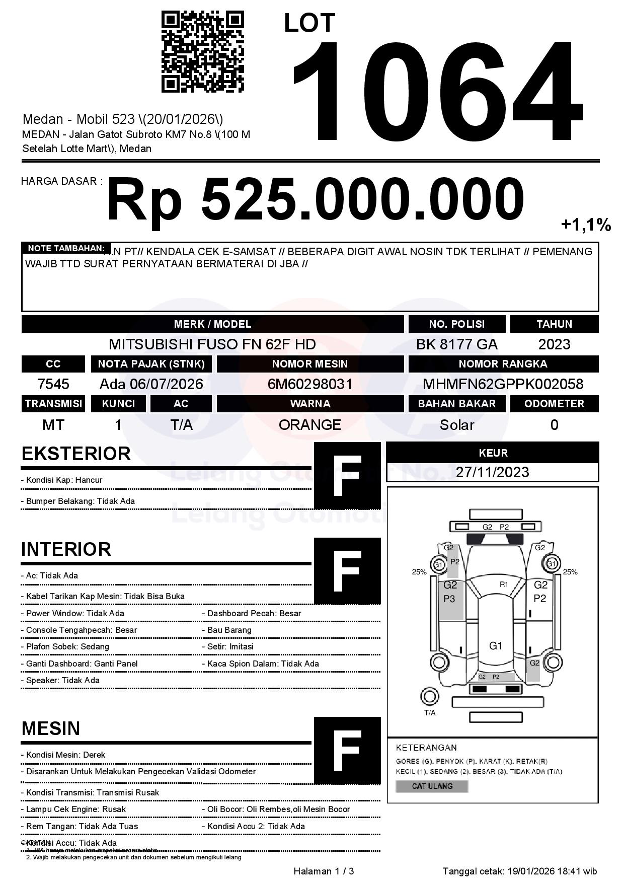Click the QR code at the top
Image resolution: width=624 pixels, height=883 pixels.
(x=202, y=52)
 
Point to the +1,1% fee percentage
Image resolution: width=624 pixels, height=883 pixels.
(x=586, y=225)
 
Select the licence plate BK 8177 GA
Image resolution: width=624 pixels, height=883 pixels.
(x=456, y=344)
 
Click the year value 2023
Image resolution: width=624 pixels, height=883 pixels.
(x=554, y=344)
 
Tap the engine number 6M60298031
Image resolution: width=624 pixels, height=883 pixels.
(x=310, y=384)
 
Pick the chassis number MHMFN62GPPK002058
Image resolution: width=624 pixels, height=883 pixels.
(x=503, y=384)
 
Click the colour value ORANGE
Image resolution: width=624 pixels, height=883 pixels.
(x=310, y=424)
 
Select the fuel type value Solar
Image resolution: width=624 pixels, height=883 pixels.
(x=456, y=425)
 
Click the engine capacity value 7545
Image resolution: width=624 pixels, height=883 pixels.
(x=53, y=384)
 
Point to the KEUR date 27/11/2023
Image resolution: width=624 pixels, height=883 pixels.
(x=492, y=472)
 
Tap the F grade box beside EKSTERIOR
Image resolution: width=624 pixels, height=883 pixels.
(x=347, y=475)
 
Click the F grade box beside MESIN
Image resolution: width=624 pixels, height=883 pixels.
(x=347, y=750)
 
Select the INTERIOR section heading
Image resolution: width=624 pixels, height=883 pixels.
(x=66, y=549)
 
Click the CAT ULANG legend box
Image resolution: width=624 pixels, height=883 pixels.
(x=432, y=786)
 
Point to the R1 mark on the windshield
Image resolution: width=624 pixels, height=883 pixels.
(x=504, y=584)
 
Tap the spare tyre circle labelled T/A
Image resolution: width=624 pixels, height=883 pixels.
(x=429, y=697)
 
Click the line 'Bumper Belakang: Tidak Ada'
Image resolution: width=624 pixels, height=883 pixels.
(x=77, y=501)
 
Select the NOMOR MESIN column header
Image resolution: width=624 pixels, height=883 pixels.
(x=310, y=364)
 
